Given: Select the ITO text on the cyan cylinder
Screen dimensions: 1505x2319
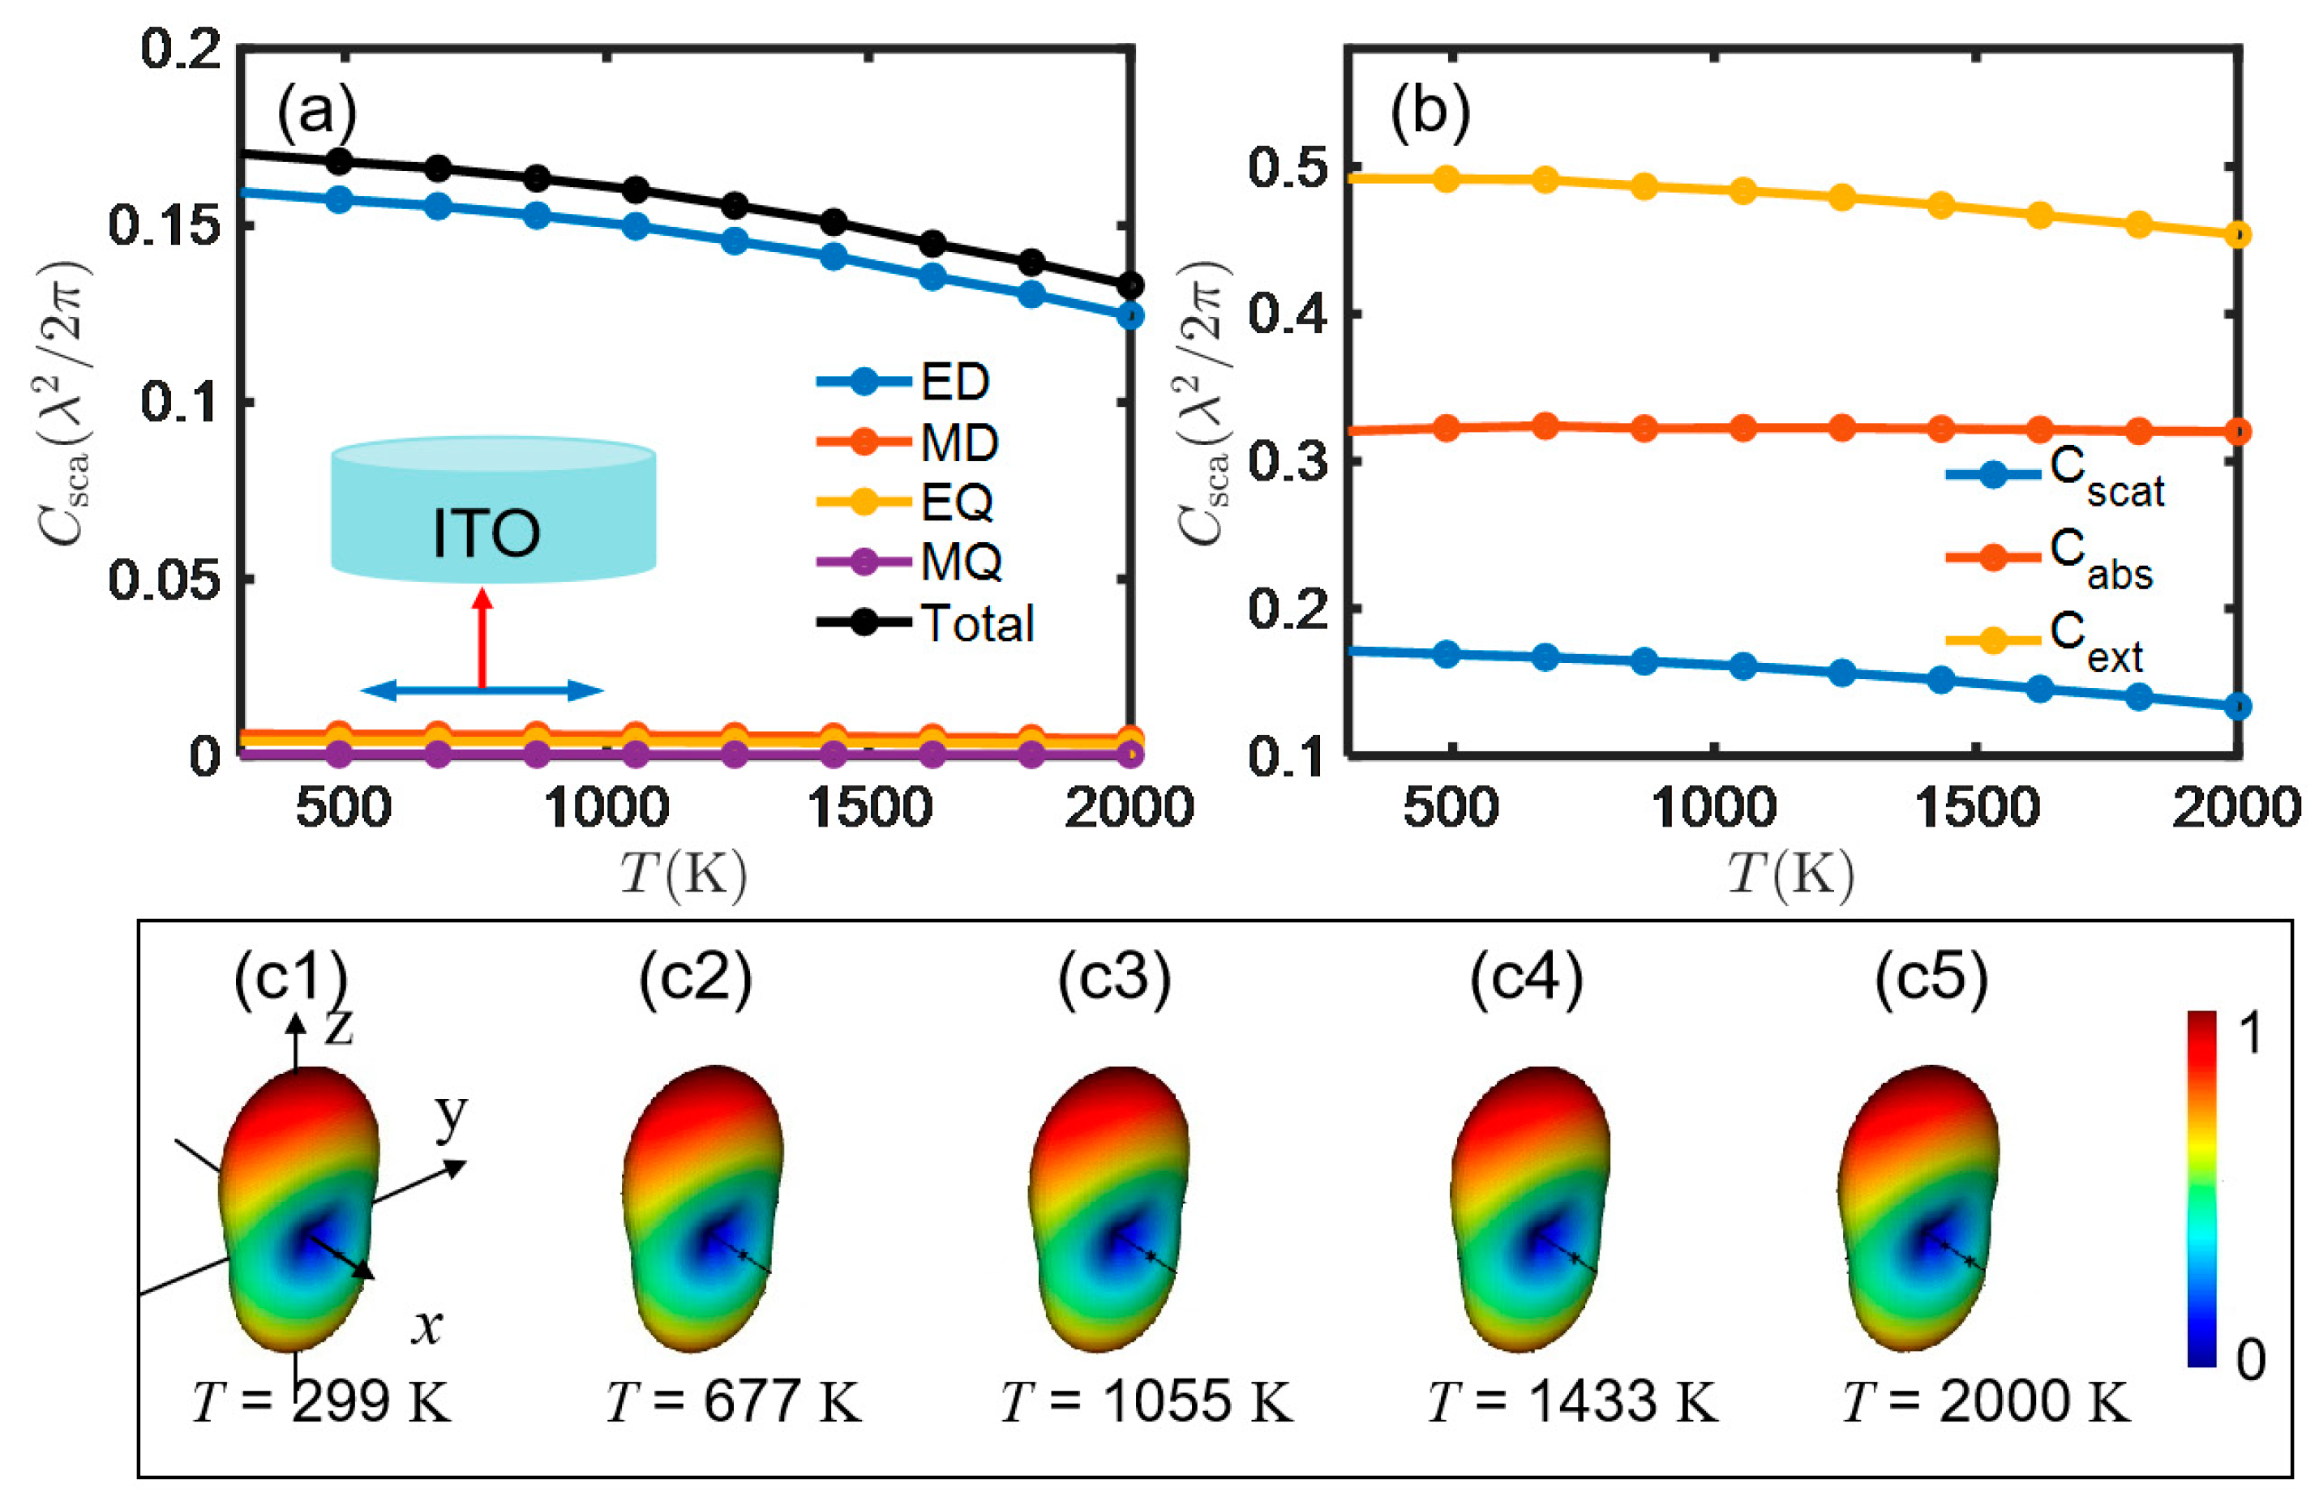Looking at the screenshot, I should click(485, 534).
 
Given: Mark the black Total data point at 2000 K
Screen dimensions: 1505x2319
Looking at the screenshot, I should click(1129, 286).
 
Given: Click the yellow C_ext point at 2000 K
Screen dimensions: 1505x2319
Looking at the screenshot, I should click(2238, 235).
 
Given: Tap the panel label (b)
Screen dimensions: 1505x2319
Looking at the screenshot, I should click(1430, 112).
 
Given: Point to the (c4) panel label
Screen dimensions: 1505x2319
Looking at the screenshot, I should click(1526, 978).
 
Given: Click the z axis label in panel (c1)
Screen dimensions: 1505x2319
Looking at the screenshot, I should click(338, 1026).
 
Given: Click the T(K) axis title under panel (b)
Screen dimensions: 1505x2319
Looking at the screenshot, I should click(1791, 874).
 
